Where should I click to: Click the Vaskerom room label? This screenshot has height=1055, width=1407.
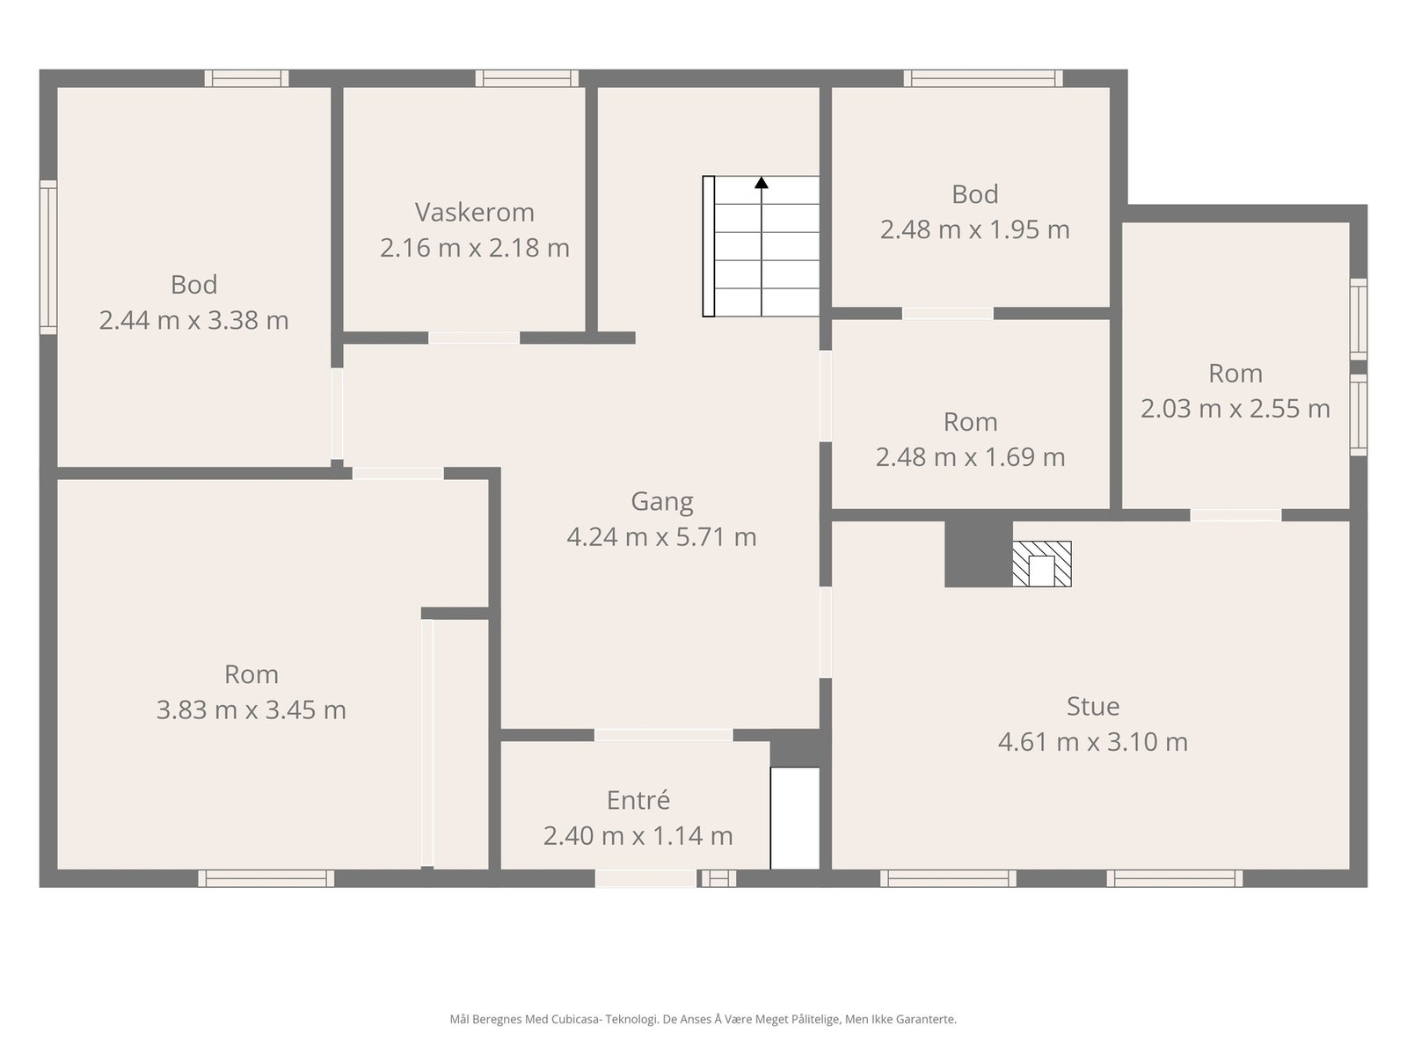[x=474, y=212]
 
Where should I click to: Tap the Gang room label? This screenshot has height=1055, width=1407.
[x=661, y=501]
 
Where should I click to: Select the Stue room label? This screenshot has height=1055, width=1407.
[x=1093, y=706]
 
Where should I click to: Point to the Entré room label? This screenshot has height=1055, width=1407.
[x=638, y=800]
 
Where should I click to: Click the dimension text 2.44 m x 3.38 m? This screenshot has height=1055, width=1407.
[x=193, y=320]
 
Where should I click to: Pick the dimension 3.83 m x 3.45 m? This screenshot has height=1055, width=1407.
[x=252, y=710]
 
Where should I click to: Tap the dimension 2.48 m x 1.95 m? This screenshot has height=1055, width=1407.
[x=975, y=230]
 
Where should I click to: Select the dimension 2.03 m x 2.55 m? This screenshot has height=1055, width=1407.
[x=1236, y=409]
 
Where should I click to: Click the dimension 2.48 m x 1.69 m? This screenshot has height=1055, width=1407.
[x=971, y=457]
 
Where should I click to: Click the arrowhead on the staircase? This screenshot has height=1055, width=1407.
[x=762, y=183]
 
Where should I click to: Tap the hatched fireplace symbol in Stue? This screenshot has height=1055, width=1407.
[x=1042, y=564]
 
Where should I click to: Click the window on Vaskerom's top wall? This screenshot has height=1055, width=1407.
[x=527, y=78]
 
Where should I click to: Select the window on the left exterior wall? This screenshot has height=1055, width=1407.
[x=48, y=257]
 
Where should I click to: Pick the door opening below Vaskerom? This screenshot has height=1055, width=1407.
[x=474, y=338]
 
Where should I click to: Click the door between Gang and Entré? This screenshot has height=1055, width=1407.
[x=663, y=735]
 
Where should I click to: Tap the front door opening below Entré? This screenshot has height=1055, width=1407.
[x=645, y=878]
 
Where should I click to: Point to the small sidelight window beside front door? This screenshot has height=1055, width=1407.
[x=718, y=878]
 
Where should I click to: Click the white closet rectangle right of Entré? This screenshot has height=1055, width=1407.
[x=795, y=818]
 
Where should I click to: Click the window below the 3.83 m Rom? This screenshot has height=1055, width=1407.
[x=266, y=878]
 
